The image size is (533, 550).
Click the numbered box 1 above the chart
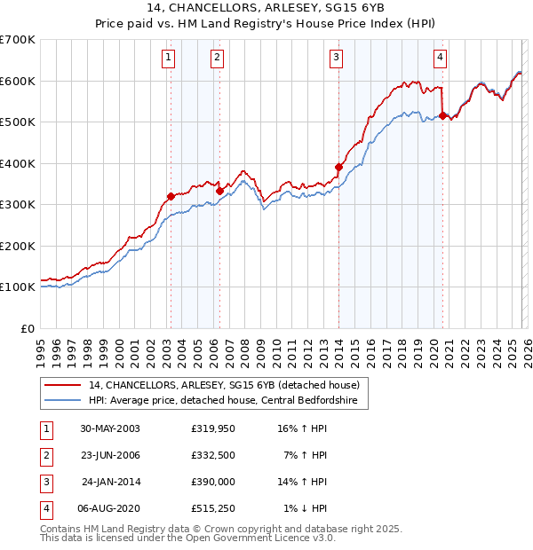click(x=169, y=59)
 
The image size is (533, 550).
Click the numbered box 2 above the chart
click(x=217, y=59)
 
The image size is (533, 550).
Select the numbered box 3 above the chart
click(x=337, y=59)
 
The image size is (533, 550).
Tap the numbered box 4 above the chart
click(x=440, y=59)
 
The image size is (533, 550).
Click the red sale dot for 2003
click(x=171, y=197)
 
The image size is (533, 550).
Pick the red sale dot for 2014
click(x=338, y=167)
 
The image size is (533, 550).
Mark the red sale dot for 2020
click(x=442, y=115)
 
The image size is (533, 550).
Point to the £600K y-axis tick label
click(x=17, y=81)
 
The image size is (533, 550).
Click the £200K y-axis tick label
click(x=17, y=246)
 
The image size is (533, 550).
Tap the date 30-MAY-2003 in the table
click(x=108, y=429)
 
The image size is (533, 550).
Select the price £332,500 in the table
click(x=213, y=456)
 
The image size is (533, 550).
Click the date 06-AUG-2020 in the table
click(x=108, y=509)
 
